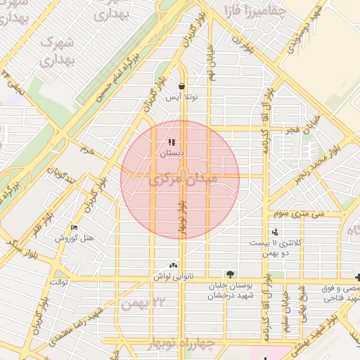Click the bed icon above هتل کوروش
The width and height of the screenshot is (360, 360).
click(75, 228)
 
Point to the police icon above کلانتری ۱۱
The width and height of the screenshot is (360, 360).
click(275, 232)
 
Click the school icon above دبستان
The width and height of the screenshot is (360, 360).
click(172, 143)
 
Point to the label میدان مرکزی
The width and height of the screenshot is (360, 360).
click(183, 180)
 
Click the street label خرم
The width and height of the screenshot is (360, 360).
click(87, 150)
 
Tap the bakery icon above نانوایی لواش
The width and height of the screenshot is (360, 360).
click(173, 266)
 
